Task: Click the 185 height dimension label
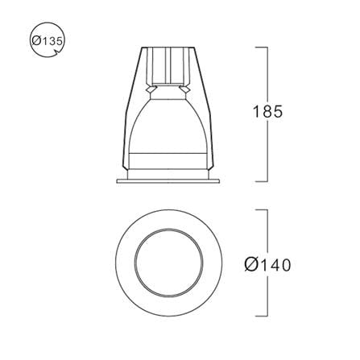267,111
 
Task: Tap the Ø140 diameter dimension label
267,265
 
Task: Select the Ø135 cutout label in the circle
48,41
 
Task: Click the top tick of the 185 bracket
261,48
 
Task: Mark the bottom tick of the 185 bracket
261,181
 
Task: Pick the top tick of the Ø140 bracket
261,210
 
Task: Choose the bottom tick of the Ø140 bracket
261,317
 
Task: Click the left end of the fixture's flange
117,181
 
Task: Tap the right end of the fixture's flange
219,181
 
